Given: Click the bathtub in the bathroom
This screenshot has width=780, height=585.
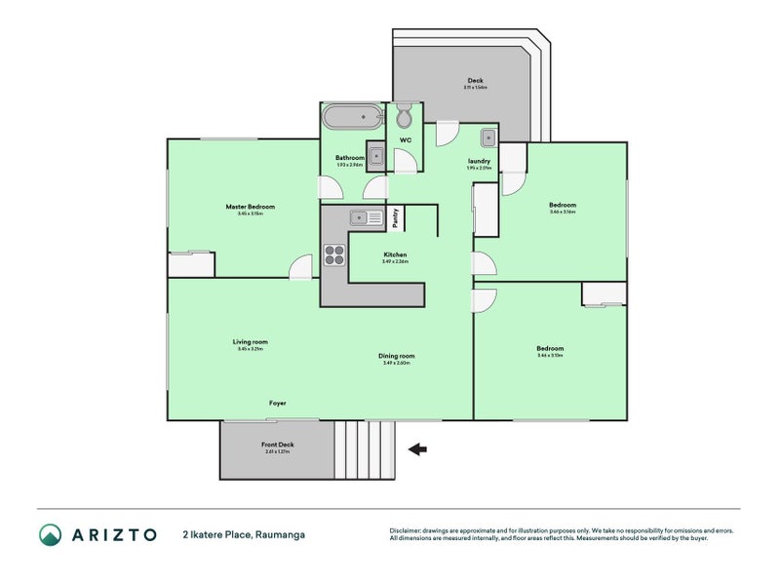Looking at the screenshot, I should [352, 118].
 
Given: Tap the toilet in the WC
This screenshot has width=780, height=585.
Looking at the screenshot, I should [405, 118].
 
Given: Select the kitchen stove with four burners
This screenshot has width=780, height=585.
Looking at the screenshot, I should [334, 253].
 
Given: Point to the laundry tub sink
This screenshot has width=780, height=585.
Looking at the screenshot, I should [488, 137].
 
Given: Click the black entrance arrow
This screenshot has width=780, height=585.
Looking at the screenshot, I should [417, 449].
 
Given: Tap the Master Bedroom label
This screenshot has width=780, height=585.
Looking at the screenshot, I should [250, 207].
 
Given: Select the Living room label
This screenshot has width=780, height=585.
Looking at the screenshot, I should [250, 342].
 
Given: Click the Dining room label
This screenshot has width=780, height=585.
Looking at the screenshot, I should [397, 356].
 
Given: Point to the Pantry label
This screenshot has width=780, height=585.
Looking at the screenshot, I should [395, 219].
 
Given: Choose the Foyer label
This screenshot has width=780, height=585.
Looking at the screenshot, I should [278, 403].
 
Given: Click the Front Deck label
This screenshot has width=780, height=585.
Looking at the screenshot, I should [277, 445].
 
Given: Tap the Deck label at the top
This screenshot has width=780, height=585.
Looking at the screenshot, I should [475, 81].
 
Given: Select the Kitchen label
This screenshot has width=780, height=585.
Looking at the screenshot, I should [395, 254].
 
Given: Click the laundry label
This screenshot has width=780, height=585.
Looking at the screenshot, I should [479, 162].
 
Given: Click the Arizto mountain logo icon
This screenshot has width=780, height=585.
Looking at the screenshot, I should [50, 534].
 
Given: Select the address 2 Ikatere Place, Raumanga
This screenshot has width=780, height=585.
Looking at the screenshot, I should [250, 534].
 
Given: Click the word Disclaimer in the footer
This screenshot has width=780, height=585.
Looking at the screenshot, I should [409, 530].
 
